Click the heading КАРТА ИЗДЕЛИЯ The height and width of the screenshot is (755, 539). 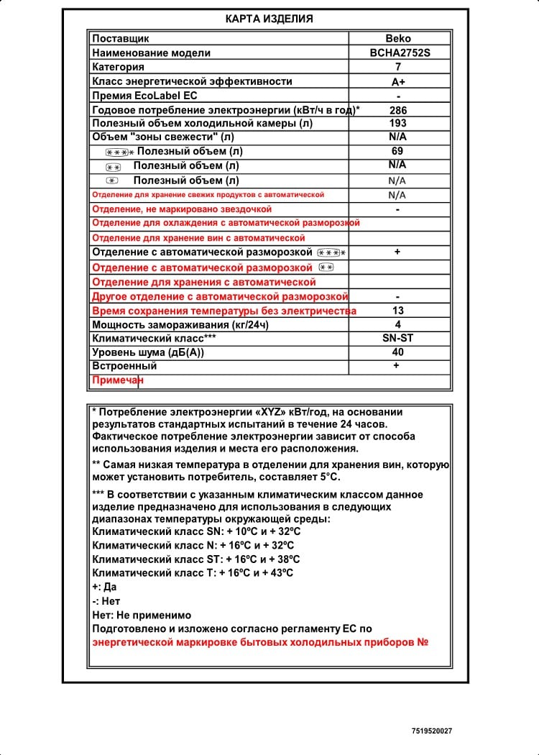pyautogui.click(x=269, y=19)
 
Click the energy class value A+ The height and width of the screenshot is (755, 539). pyautogui.click(x=397, y=81)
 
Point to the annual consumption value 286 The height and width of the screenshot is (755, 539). pyautogui.click(x=397, y=110)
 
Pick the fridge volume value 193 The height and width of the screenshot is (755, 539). pyautogui.click(x=397, y=123)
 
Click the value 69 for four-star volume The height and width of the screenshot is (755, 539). pyautogui.click(x=397, y=151)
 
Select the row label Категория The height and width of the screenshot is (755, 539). pyautogui.click(x=119, y=67)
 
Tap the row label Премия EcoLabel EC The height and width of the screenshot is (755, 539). pyautogui.click(x=144, y=96)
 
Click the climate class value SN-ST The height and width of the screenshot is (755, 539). pyautogui.click(x=397, y=338)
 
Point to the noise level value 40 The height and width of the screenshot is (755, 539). pyautogui.click(x=397, y=352)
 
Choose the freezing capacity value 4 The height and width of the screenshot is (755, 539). pyautogui.click(x=397, y=324)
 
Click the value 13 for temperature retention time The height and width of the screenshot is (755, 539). pyautogui.click(x=397, y=311)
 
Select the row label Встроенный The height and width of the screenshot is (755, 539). pyautogui.click(x=124, y=366)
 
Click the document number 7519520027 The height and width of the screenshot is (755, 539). pyautogui.click(x=432, y=731)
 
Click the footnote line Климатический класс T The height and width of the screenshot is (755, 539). pyautogui.click(x=193, y=572)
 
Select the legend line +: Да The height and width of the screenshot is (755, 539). pyautogui.click(x=105, y=587)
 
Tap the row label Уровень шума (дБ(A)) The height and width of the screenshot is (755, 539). pyautogui.click(x=148, y=352)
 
